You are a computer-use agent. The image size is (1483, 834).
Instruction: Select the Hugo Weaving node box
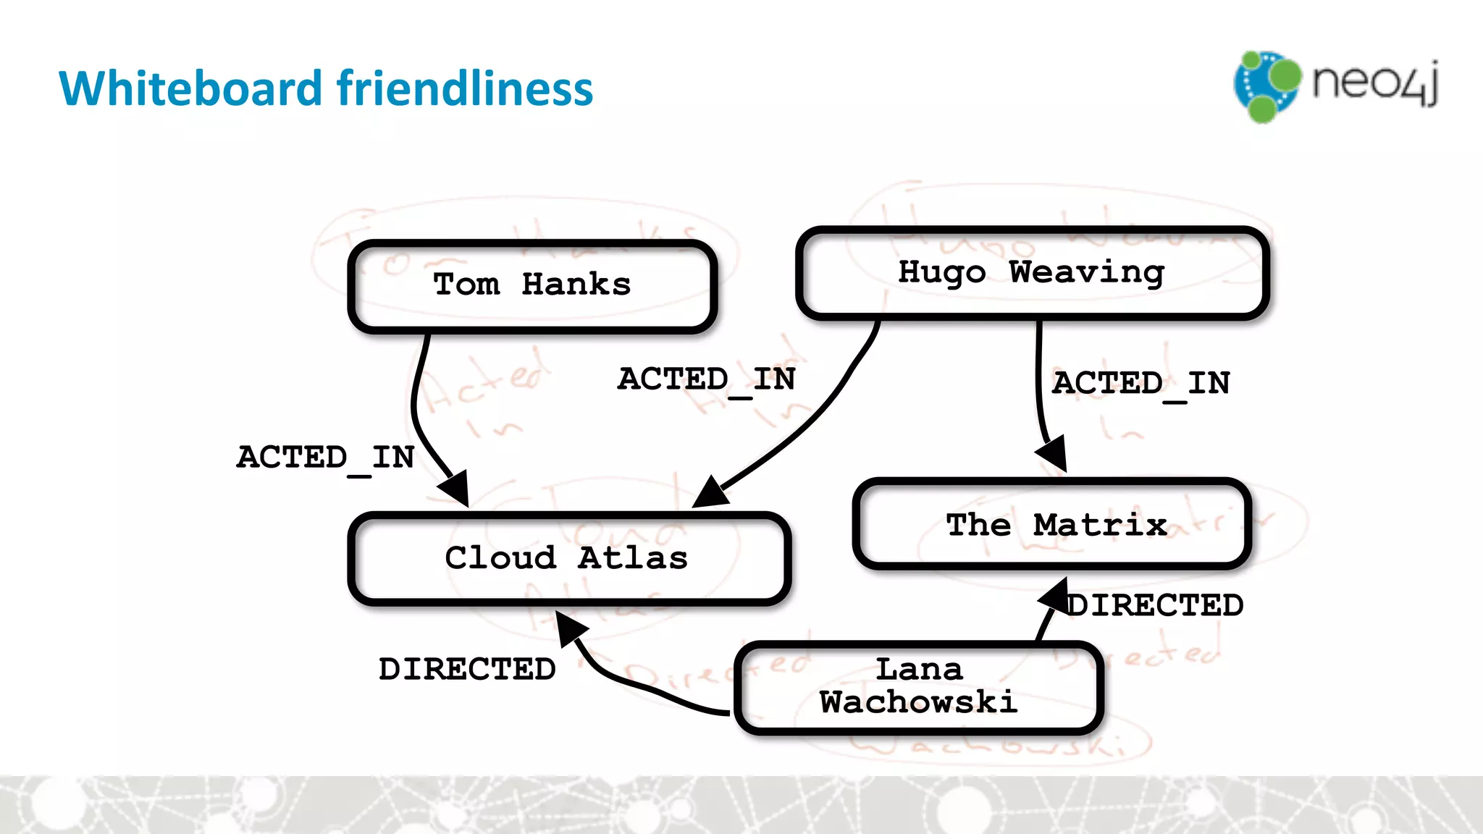click(1031, 274)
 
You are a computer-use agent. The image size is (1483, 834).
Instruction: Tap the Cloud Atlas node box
click(568, 558)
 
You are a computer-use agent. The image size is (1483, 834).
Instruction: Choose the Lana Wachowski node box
click(918, 687)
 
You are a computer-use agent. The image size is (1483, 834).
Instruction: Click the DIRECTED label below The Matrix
click(1156, 606)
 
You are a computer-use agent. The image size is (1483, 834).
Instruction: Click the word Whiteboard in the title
click(190, 88)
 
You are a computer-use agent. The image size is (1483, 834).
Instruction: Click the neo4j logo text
click(1374, 83)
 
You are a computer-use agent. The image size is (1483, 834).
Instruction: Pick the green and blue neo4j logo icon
click(1266, 86)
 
